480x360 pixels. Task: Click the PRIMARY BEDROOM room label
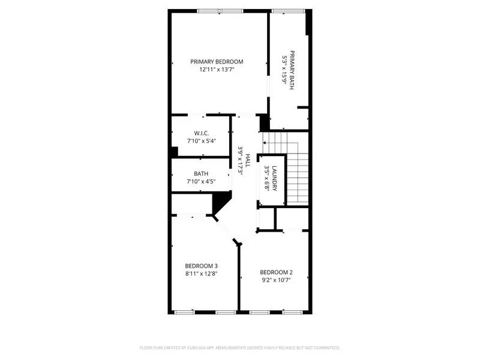pos(217,62)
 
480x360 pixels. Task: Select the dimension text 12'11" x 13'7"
pos(217,70)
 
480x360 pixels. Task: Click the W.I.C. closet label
pos(200,133)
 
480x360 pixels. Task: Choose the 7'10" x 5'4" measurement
pos(200,141)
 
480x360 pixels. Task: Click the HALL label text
pos(247,160)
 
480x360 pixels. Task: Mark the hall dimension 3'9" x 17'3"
pos(240,160)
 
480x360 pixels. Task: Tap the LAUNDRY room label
pos(274,178)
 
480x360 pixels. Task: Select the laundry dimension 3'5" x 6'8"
pos(267,178)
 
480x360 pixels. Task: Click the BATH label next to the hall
pos(200,173)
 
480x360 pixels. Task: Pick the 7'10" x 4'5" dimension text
pos(200,182)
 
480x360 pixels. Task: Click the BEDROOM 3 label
pos(201,266)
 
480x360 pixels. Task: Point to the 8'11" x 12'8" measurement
pos(201,274)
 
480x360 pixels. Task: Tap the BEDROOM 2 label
pos(276,272)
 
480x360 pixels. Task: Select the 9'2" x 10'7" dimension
pos(276,280)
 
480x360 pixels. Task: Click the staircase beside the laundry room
pos(298,174)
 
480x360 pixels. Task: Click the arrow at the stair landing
pos(265,143)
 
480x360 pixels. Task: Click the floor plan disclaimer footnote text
pos(240,347)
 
